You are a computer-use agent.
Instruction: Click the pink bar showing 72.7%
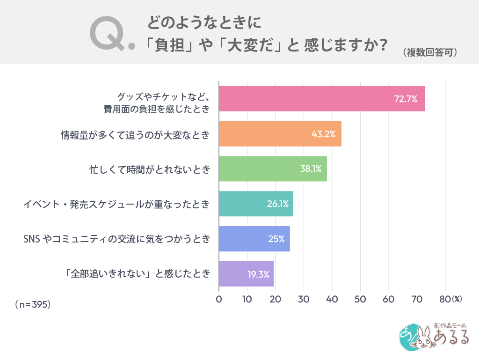click(322, 99)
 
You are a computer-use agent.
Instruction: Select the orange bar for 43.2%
click(280, 134)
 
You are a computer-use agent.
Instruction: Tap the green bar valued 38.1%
click(273, 169)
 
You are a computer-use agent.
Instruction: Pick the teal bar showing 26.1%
click(256, 204)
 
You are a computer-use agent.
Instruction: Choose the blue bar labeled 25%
click(254, 239)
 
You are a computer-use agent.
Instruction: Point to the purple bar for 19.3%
click(246, 274)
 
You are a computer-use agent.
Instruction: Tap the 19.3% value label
click(258, 274)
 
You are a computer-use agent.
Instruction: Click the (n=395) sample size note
click(33, 304)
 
